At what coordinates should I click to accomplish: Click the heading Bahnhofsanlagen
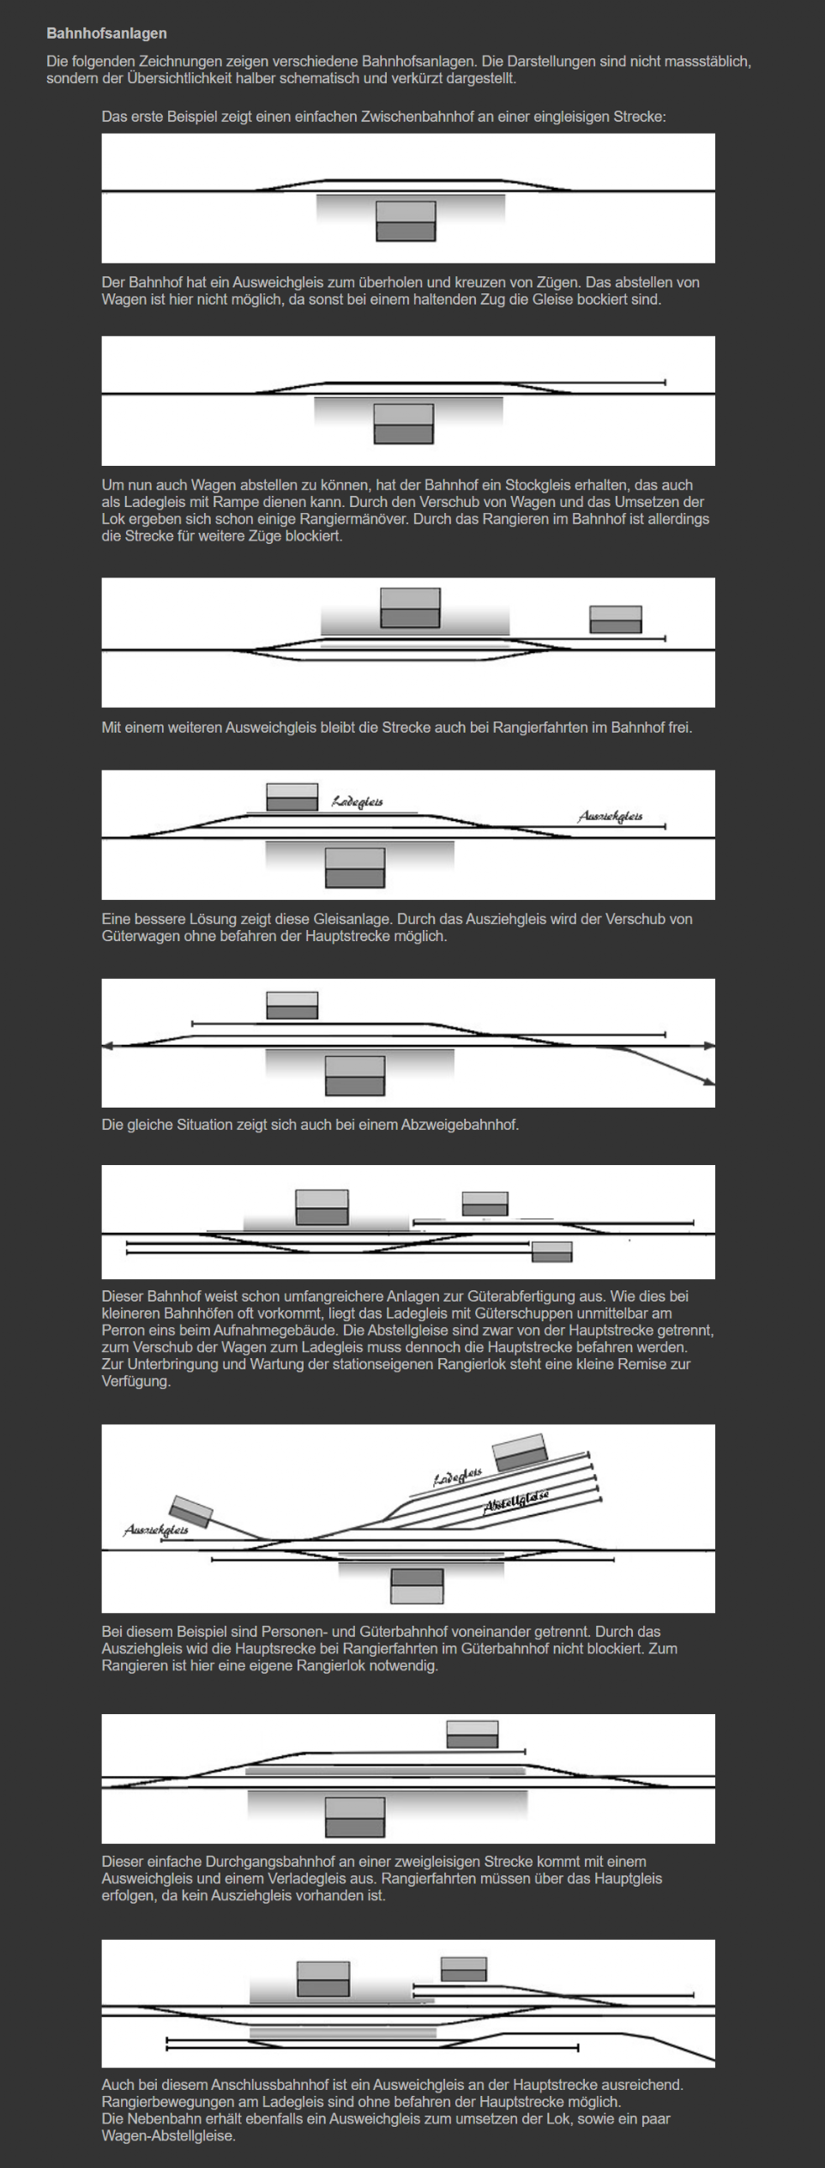click(106, 33)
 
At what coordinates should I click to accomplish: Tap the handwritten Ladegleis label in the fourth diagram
click(358, 802)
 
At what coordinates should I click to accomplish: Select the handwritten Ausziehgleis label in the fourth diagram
click(610, 816)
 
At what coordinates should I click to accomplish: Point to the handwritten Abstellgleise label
click(516, 1501)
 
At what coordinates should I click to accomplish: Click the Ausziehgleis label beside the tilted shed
click(155, 1530)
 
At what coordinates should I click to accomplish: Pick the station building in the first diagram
click(406, 220)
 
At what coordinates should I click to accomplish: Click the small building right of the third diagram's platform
click(615, 619)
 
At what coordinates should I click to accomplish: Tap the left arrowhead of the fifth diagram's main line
click(107, 1046)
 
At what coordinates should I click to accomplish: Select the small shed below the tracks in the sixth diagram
click(551, 1252)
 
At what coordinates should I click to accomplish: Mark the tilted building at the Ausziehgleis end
click(191, 1512)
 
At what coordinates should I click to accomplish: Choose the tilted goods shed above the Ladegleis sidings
click(520, 1451)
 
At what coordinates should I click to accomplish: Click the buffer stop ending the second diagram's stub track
click(665, 382)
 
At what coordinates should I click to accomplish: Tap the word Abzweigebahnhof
click(460, 1124)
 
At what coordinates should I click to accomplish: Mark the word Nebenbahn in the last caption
click(159, 2118)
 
